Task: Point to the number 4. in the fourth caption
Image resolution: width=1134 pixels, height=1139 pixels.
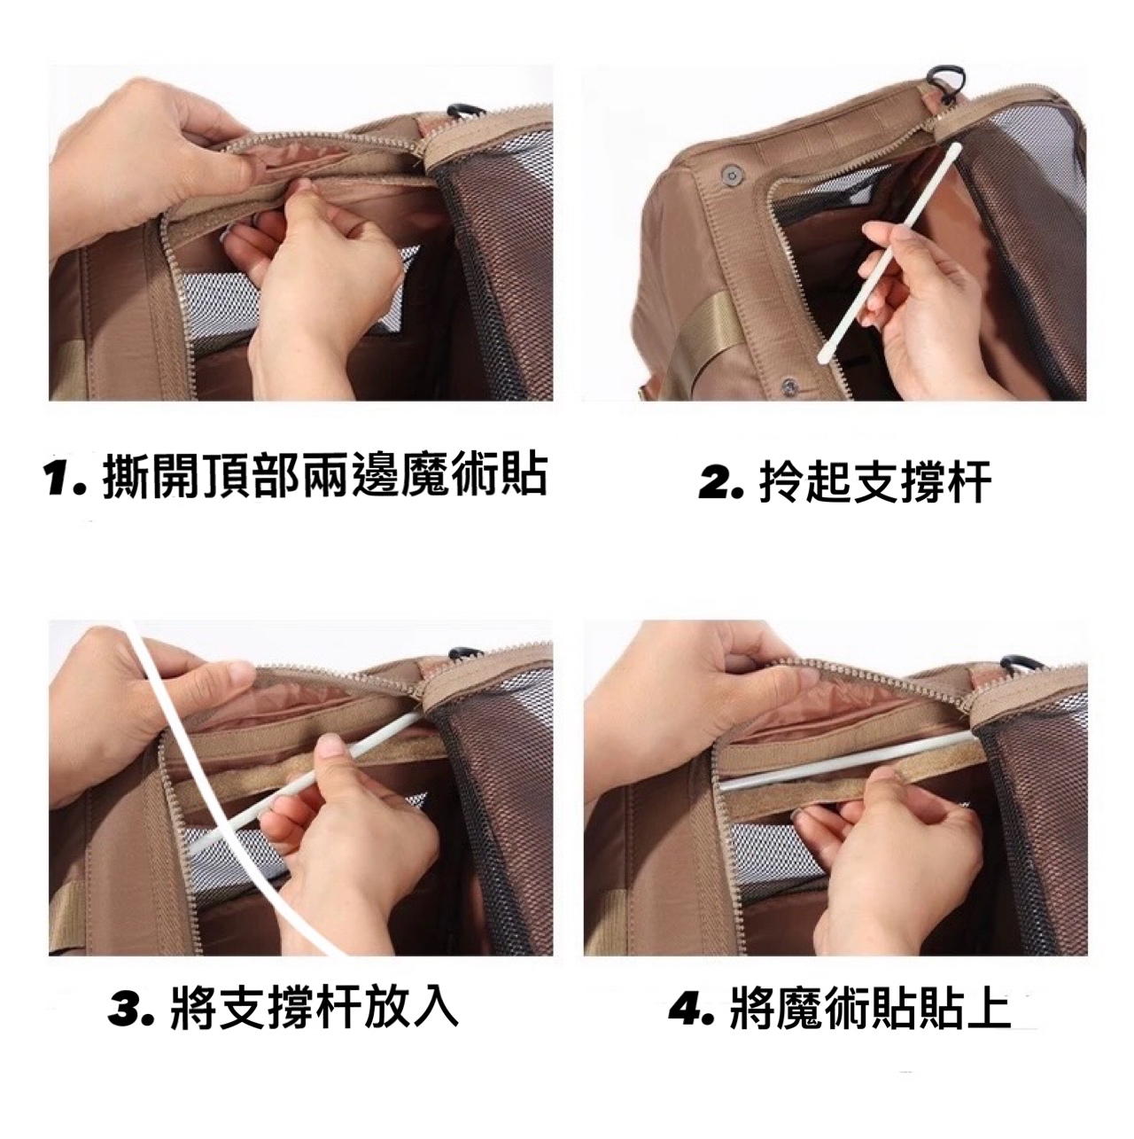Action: (x=692, y=1007)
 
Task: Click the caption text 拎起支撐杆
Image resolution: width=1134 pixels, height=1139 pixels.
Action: (x=874, y=483)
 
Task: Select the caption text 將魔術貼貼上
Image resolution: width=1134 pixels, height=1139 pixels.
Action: (x=870, y=1007)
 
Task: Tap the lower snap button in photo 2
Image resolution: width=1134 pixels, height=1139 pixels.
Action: (x=788, y=387)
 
